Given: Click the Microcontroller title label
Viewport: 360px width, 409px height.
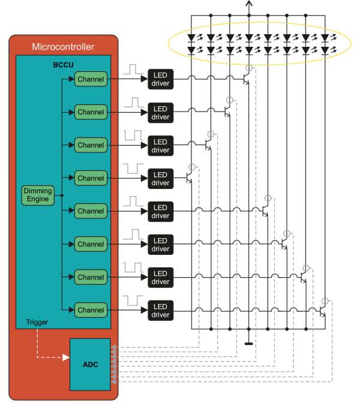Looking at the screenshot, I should tap(62, 46).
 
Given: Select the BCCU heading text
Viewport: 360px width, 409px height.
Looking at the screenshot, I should tap(62, 62).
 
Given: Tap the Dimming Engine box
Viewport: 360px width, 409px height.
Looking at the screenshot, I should tap(37, 195).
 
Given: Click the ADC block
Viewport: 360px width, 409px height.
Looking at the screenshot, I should tap(90, 363).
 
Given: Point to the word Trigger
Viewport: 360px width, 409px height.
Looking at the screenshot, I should tap(37, 323).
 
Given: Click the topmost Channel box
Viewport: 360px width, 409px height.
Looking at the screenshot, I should tap(91, 79).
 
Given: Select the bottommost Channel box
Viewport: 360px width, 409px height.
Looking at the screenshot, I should tap(91, 310).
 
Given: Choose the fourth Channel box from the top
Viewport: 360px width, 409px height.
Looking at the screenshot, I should tap(91, 178).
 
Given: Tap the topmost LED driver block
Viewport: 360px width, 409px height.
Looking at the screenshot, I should tap(160, 79).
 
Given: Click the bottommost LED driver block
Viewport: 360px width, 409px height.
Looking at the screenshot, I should tap(160, 310).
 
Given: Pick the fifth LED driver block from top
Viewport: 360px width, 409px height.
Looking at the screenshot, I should tap(160, 211).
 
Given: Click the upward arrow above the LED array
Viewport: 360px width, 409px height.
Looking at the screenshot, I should tap(249, 5).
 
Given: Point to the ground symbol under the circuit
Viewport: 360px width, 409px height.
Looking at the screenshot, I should tap(249, 344).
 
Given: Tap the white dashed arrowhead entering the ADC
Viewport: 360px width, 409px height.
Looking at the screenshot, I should tap(65, 358).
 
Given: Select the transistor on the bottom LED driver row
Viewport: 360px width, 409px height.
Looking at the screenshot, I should tap(323, 311).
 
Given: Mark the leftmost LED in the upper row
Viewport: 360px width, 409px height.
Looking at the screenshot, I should tap(191, 37).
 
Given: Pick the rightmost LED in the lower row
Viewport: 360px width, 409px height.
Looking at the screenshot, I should tap(326, 50).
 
